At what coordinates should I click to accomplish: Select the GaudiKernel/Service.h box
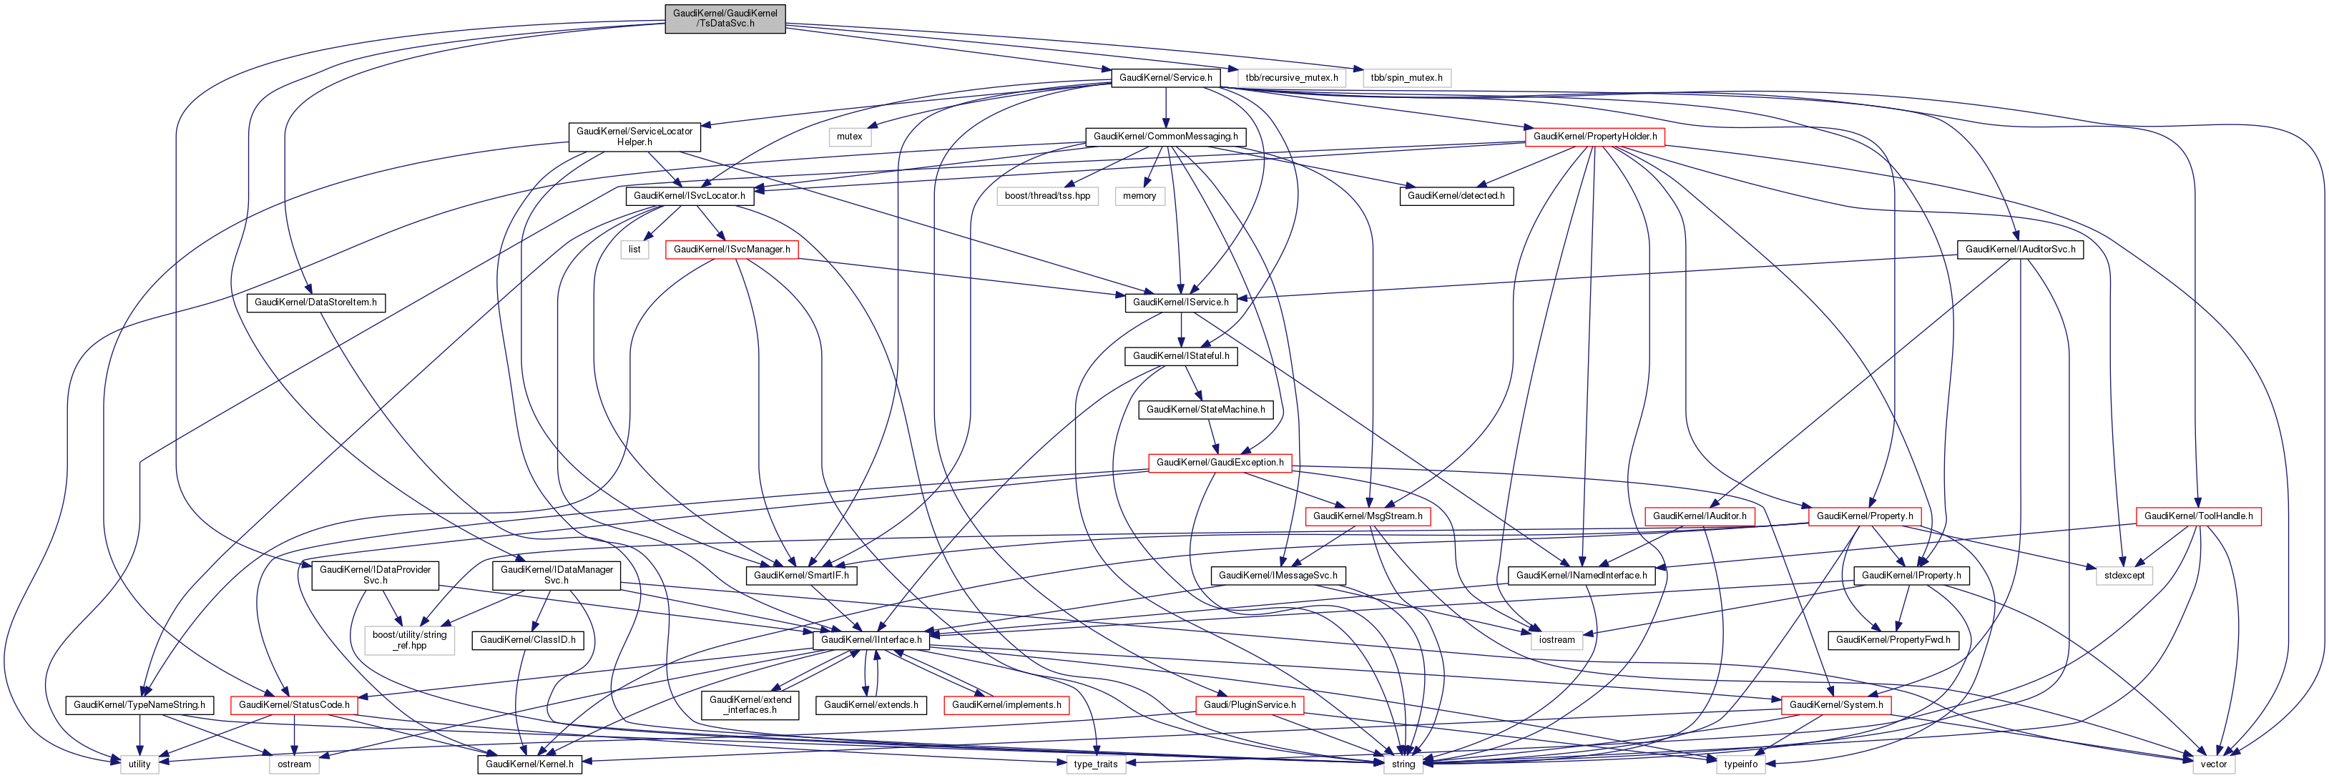click(1164, 78)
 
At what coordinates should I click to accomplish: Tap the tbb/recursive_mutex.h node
click(1291, 78)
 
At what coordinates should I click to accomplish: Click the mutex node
click(849, 137)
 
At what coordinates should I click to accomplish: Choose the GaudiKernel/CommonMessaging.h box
click(1165, 137)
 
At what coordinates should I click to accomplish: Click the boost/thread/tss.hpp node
click(1047, 196)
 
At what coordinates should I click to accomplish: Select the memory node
click(1139, 196)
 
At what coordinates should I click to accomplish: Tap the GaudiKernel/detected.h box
click(1456, 196)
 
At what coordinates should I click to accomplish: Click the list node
click(634, 250)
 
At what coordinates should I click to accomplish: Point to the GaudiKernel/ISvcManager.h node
click(732, 250)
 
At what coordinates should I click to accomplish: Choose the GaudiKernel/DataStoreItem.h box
click(315, 302)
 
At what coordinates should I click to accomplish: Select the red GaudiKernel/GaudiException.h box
click(1220, 463)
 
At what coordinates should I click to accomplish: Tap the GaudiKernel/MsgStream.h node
click(1367, 517)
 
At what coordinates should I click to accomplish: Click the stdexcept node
click(2124, 576)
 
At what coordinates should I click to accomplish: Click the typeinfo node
click(1740, 764)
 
